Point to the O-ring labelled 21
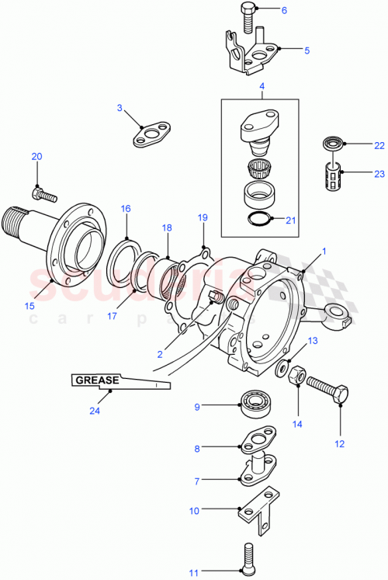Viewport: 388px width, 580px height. [259, 220]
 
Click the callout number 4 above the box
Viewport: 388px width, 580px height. [262, 85]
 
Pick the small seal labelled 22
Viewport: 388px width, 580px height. [333, 144]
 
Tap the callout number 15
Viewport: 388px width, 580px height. [29, 305]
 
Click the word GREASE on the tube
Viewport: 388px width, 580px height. [97, 380]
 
